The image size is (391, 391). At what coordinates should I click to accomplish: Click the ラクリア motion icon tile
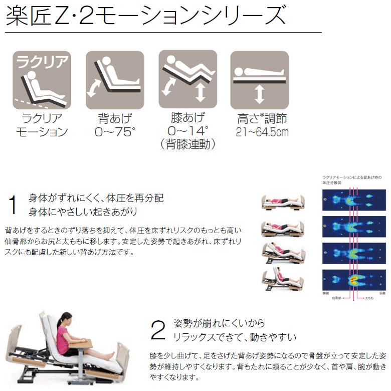[42, 80]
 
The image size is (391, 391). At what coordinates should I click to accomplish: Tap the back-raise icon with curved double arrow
[115, 80]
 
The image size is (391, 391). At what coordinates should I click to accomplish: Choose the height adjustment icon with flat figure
[259, 80]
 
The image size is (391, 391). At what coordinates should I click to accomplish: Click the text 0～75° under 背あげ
[115, 132]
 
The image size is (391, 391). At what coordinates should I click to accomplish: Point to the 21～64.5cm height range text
[259, 132]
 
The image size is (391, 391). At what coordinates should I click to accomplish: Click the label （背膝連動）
[187, 145]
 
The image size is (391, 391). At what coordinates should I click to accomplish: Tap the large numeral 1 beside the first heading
[13, 205]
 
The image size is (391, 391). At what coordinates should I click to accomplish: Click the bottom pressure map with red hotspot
[354, 280]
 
